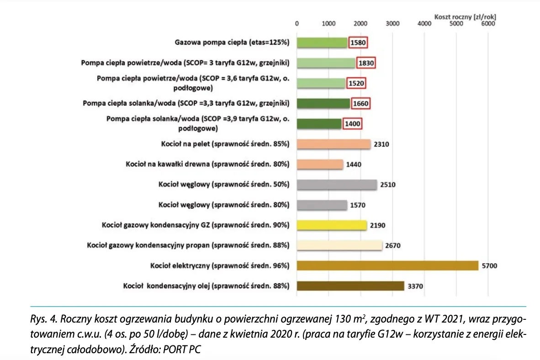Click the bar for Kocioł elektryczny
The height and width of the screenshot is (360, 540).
pyautogui.click(x=387, y=265)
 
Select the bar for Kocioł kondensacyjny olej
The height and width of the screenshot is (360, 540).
pyautogui.click(x=350, y=286)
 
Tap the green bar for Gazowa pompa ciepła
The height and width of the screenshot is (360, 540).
pyautogui.click(x=322, y=42)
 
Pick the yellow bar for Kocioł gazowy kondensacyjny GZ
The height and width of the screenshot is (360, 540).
pyautogui.click(x=332, y=225)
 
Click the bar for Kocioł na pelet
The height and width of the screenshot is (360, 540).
pyautogui.click(x=334, y=144)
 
